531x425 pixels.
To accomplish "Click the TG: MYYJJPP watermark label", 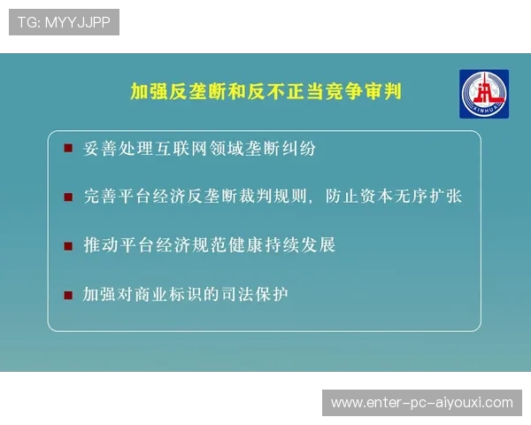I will (x=64, y=22).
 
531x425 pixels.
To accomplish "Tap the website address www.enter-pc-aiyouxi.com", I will (x=421, y=403).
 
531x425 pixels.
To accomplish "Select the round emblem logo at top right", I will (x=484, y=94).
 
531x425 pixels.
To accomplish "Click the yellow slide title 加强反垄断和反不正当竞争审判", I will (x=265, y=91).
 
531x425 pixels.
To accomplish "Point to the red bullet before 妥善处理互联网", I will (x=68, y=149).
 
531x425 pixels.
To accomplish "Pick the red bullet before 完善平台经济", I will (x=68, y=197).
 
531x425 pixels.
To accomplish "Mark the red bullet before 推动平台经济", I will (x=68, y=245).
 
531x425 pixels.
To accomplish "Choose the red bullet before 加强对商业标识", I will (x=68, y=294).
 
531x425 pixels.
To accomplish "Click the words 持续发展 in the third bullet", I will (x=302, y=245).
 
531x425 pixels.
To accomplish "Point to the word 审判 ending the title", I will (x=382, y=91).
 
